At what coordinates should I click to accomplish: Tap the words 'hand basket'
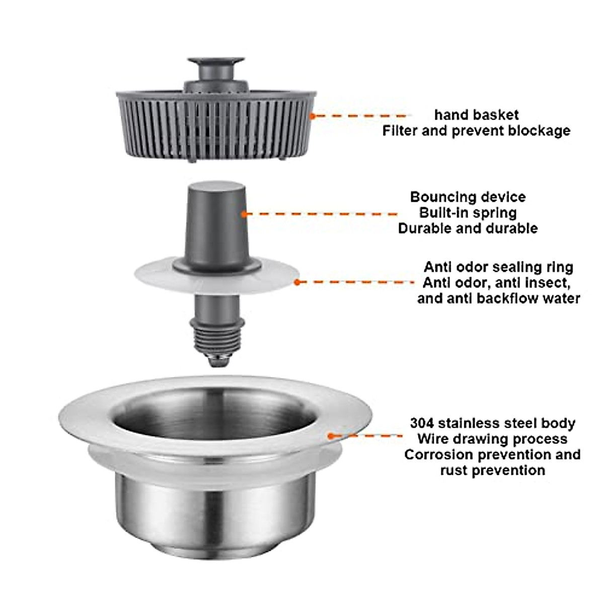click(x=476, y=115)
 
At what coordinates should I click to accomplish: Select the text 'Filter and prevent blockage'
click(x=476, y=131)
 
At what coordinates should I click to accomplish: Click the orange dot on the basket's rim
click(x=312, y=115)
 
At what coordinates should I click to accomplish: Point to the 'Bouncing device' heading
click(x=468, y=197)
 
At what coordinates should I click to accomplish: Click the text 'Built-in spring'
click(x=468, y=212)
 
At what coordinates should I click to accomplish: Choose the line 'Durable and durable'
click(x=468, y=228)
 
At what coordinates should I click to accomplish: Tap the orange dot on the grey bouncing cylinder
click(x=245, y=213)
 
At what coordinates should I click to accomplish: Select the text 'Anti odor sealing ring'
click(x=498, y=267)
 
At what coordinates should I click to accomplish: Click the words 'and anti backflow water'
click(x=498, y=298)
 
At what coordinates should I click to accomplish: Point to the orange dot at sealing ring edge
click(x=297, y=282)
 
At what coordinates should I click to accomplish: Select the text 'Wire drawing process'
click(x=492, y=439)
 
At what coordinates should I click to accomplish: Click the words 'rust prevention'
click(x=492, y=471)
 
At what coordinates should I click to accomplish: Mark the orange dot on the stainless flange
click(x=331, y=436)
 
